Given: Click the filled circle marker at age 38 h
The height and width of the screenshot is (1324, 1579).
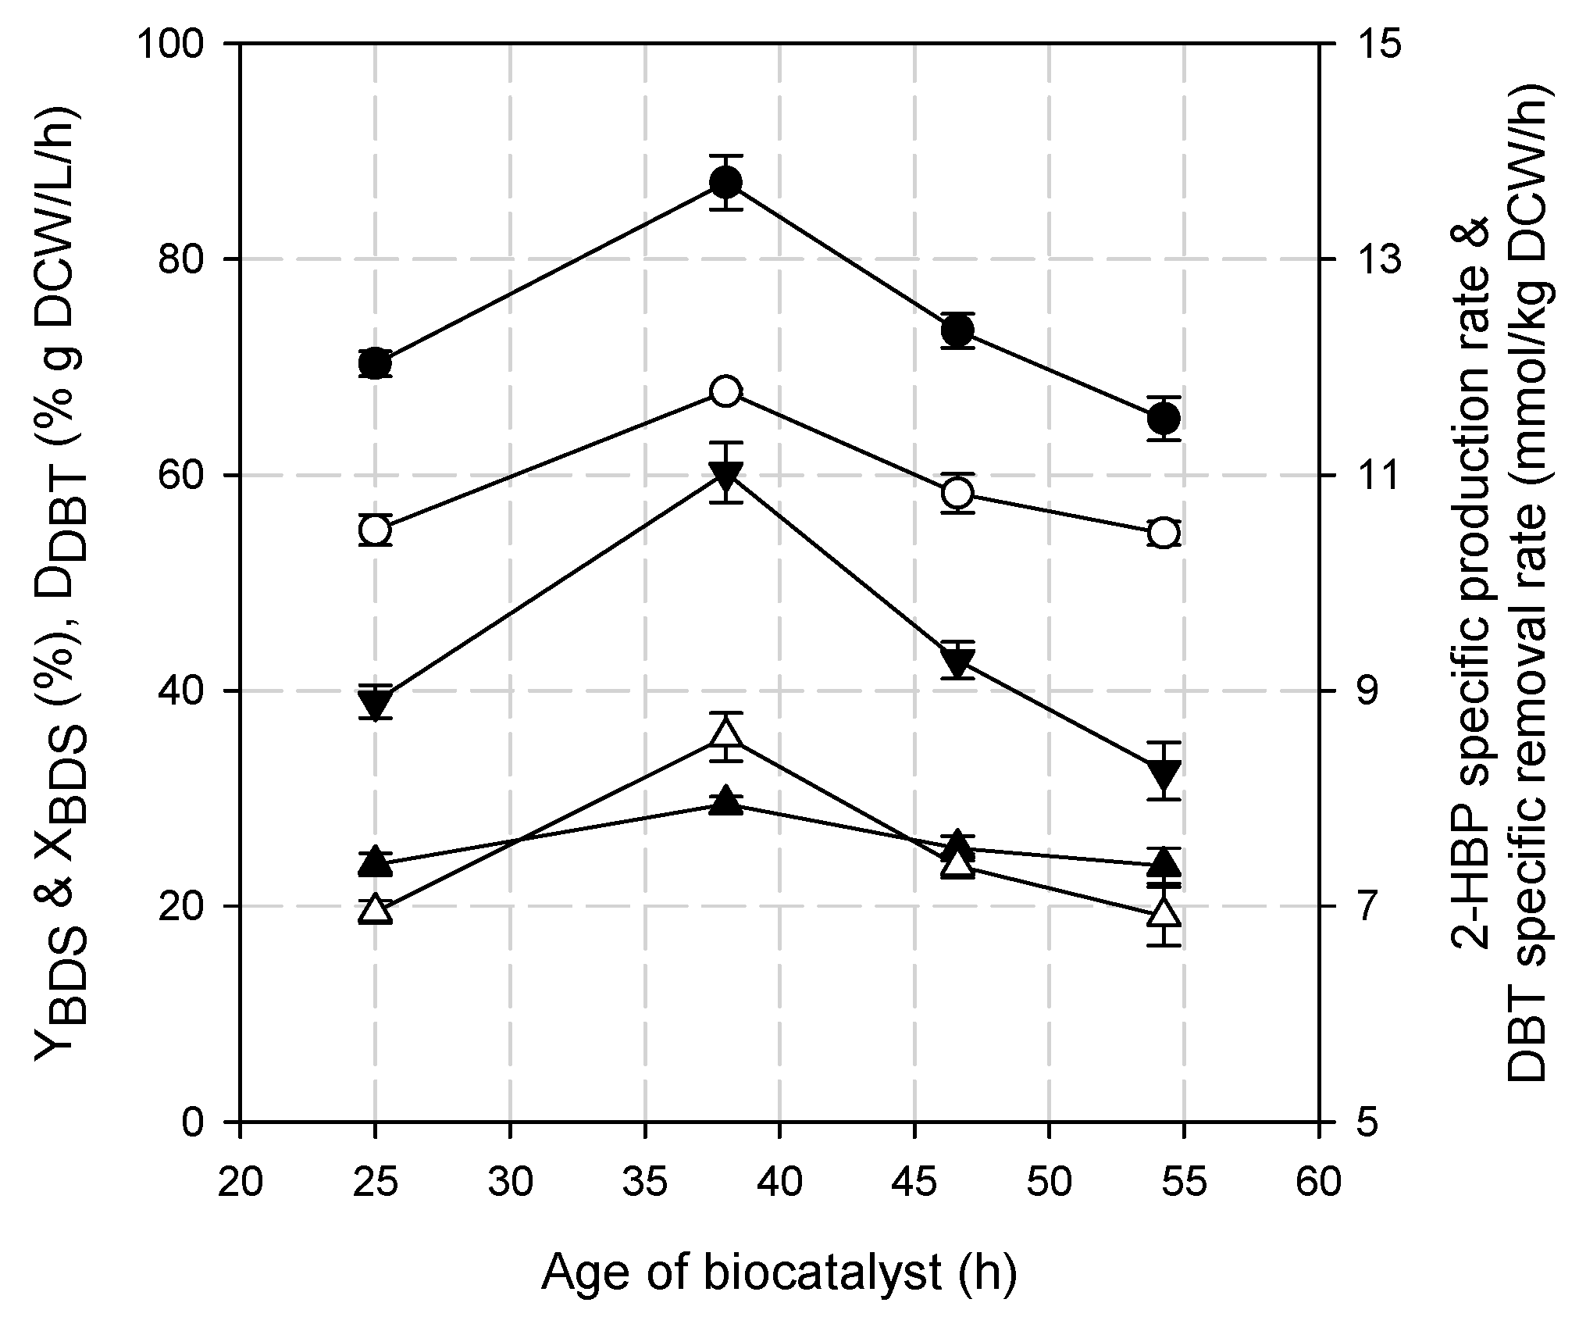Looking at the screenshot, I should tap(725, 183).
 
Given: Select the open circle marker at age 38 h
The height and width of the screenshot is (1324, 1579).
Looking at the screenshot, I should tap(725, 391).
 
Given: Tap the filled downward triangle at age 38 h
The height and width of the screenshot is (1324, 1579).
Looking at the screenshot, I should tap(725, 474).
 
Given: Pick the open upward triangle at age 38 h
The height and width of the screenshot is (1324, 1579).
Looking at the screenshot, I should tap(725, 735).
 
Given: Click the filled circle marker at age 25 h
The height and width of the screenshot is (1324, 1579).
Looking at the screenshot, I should tap(375, 364).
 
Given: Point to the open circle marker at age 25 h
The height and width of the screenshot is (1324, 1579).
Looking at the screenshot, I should tap(375, 530).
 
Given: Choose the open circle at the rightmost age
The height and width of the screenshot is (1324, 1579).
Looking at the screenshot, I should tap(1164, 533).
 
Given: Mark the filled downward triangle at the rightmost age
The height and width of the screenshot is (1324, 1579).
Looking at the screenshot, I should tap(1164, 773).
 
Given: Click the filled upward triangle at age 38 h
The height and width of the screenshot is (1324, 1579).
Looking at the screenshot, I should tap(725, 801).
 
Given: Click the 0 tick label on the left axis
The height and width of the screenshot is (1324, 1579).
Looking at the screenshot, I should tap(192, 1122).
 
